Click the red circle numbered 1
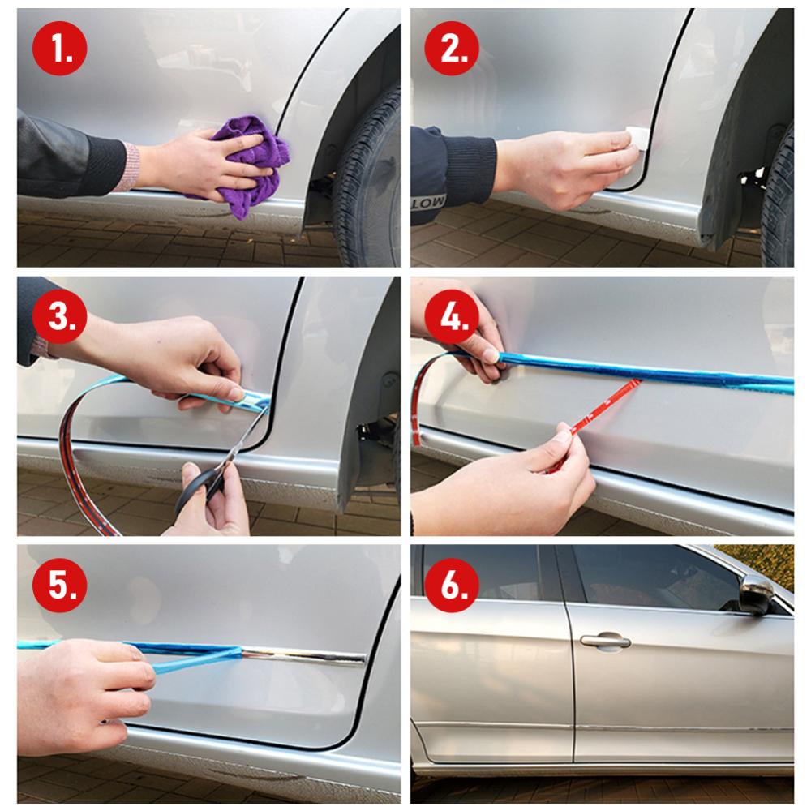59,48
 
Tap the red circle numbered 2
452,48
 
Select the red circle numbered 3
59,316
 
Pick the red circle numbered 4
452,316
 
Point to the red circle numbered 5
59,585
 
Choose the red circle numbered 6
452,585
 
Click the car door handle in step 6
605,642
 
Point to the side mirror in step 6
757,595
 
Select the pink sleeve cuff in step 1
131,167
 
